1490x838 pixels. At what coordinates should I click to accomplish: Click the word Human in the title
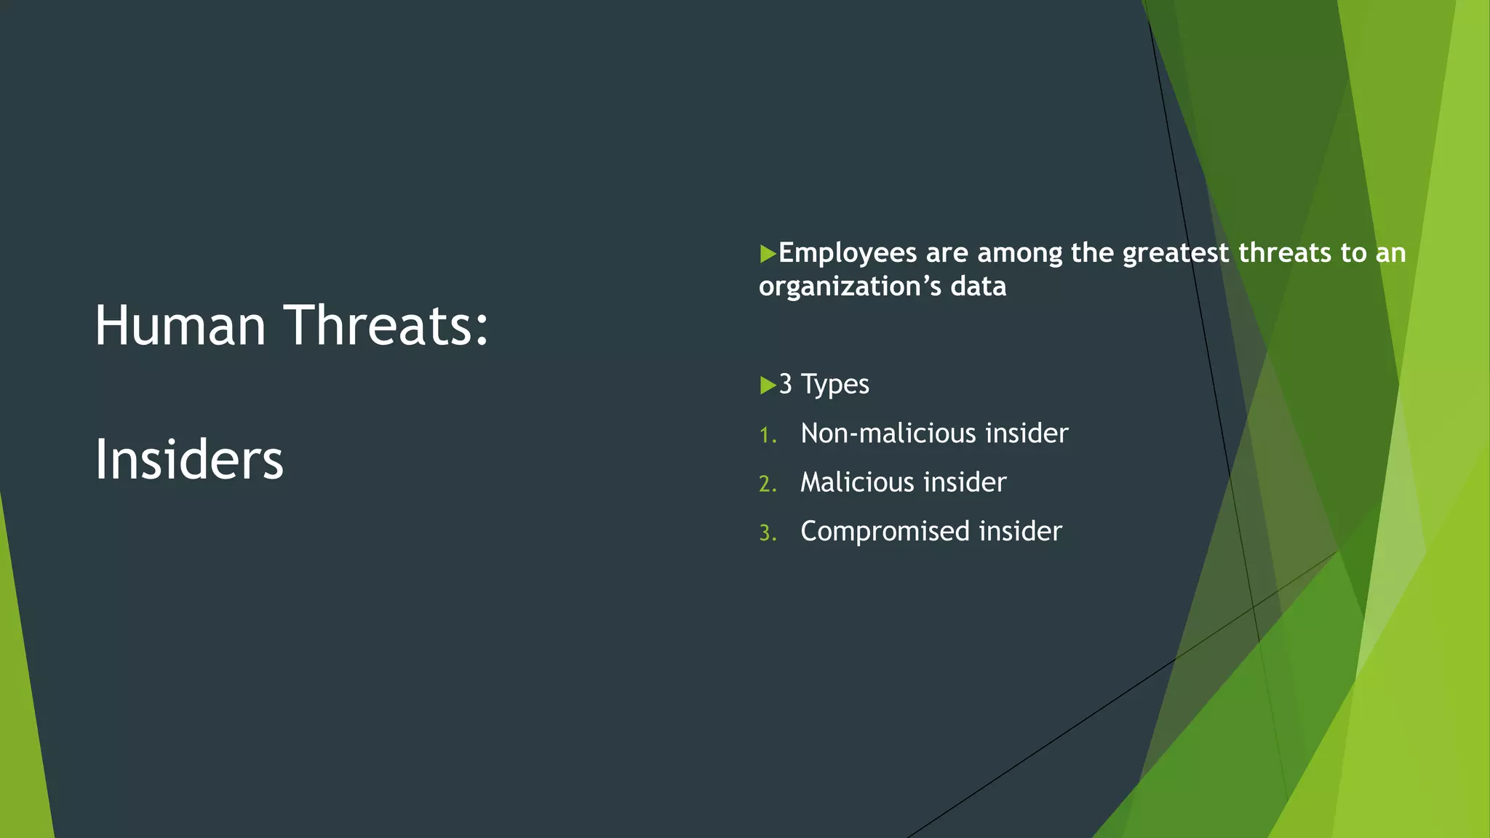pyautogui.click(x=180, y=325)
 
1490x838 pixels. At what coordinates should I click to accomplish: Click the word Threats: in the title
pyautogui.click(x=386, y=325)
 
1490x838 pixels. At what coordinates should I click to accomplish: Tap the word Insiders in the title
pyautogui.click(x=188, y=460)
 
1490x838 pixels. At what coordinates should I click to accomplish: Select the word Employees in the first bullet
pyautogui.click(x=848, y=253)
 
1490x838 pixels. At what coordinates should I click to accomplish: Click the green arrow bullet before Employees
pyautogui.click(x=767, y=254)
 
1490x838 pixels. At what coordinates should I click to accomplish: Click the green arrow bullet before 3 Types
pyautogui.click(x=767, y=385)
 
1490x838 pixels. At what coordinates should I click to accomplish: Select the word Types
pyautogui.click(x=834, y=384)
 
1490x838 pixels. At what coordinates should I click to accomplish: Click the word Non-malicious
pyautogui.click(x=888, y=434)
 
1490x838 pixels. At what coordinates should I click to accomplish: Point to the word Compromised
pyautogui.click(x=885, y=532)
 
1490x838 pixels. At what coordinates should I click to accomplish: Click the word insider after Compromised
pyautogui.click(x=1020, y=531)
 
